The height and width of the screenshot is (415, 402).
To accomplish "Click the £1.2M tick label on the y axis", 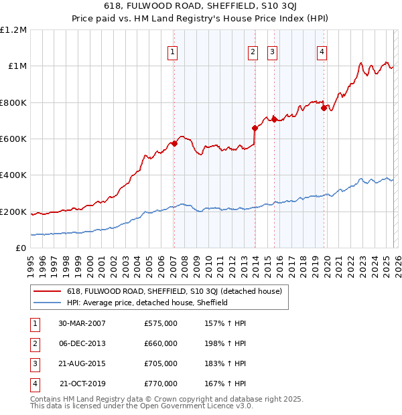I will (x=13, y=30).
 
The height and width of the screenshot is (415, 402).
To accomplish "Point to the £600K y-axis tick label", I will (x=13, y=139).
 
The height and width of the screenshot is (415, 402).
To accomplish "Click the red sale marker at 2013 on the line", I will (x=255, y=128).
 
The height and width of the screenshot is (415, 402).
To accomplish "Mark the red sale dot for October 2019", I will (x=324, y=108).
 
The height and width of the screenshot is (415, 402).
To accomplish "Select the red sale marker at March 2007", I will (x=174, y=143).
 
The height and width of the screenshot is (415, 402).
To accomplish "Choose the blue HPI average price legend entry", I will (x=147, y=303).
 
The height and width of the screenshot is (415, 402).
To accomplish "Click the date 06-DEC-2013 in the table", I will (x=82, y=343).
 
